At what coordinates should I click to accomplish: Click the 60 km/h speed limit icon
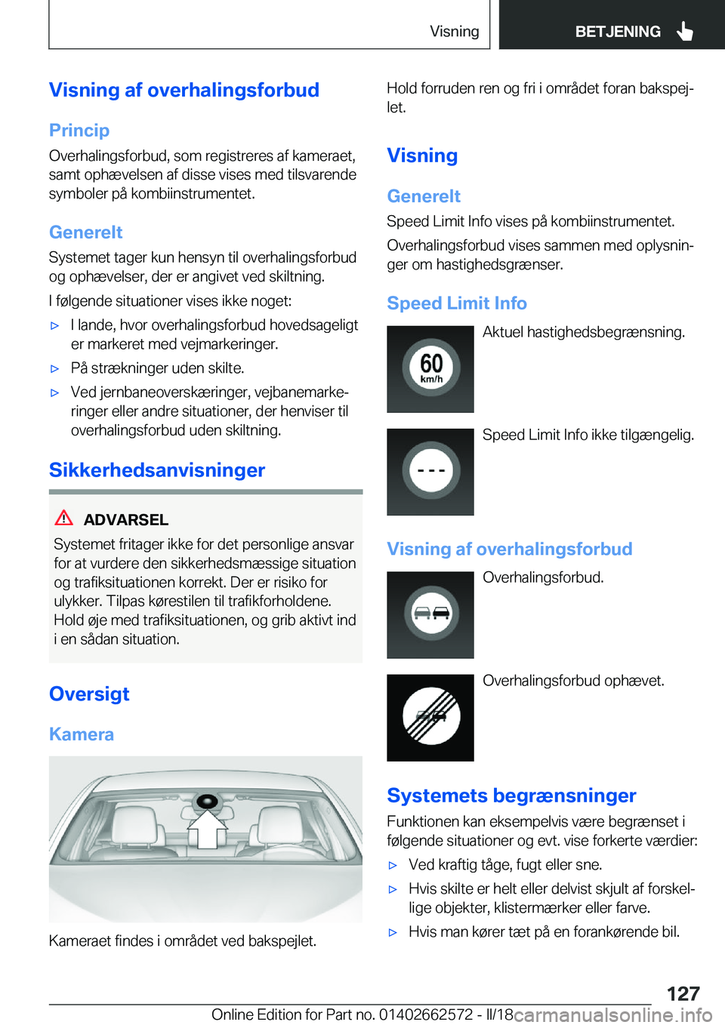(430, 368)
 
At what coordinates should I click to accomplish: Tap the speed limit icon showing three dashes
(430, 472)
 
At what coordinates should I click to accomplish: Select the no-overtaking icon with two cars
(430, 614)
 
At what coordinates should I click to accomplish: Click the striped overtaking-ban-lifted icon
(430, 717)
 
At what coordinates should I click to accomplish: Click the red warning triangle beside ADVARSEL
(64, 519)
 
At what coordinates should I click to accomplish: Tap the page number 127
(683, 993)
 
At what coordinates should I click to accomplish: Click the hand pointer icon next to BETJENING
(685, 31)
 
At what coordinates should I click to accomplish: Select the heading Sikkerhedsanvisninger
(157, 470)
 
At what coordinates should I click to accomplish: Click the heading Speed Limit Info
(457, 303)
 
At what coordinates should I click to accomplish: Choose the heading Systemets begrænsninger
(511, 796)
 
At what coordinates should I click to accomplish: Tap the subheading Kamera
(82, 734)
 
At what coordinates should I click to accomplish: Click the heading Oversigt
(89, 694)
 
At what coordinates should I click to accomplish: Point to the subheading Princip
(79, 131)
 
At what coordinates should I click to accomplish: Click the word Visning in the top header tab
(454, 31)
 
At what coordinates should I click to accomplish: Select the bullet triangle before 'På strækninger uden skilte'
(54, 369)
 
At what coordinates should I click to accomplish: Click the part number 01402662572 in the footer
(426, 1014)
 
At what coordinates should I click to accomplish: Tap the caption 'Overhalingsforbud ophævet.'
(573, 681)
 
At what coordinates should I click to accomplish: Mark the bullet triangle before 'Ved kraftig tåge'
(393, 866)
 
